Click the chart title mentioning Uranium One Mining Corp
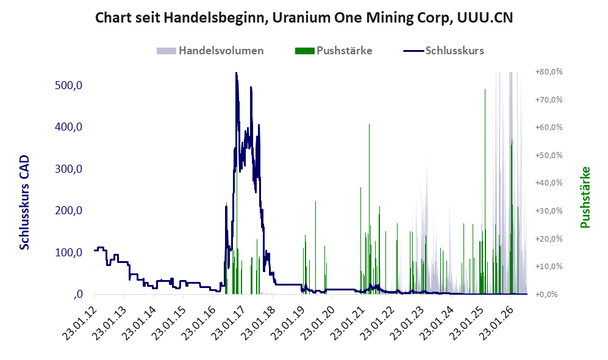304,18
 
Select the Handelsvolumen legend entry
210,51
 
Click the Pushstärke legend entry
334,51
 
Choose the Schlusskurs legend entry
443,51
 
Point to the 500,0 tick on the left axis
69,85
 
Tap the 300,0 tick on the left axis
69,169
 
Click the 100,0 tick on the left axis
69,253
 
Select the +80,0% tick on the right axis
549,72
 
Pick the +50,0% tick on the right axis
549,155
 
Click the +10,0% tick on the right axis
549,267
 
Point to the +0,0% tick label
547,295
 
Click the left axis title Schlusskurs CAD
24,203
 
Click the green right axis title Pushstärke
585,197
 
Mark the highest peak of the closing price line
236,73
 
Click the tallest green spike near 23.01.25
485,192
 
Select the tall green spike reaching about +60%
369,209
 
